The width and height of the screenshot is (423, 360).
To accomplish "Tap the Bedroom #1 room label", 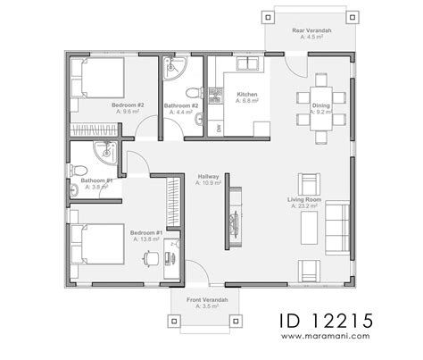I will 146,235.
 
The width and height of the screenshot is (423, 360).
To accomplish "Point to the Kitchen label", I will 247,95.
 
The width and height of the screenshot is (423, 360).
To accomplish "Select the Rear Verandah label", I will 313,31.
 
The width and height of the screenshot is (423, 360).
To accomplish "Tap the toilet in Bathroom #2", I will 191,91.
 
